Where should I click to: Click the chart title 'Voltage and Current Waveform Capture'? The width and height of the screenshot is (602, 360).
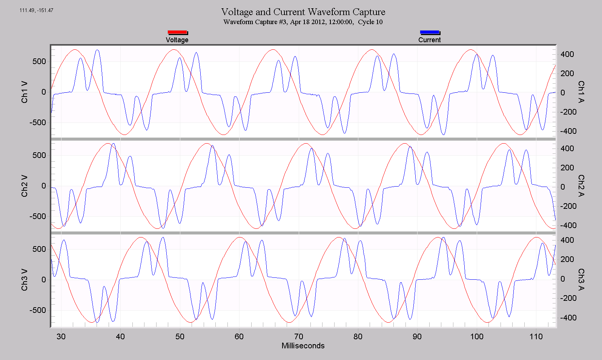click(303, 12)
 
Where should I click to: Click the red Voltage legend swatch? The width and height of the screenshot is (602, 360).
click(177, 32)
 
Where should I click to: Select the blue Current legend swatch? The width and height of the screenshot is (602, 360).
click(430, 32)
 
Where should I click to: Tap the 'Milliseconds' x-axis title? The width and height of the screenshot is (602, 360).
click(303, 346)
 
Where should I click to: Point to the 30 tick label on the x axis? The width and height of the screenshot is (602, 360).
click(61, 336)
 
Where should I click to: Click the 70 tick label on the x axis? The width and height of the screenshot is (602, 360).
click(299, 336)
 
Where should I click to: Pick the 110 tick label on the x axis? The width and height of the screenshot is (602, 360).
click(536, 336)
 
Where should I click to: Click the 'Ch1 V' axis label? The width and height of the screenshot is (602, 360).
click(25, 92)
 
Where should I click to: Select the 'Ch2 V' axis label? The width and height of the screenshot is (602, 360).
click(25, 186)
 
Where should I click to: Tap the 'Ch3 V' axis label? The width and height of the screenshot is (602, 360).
click(25, 280)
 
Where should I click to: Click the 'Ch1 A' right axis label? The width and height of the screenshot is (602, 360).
click(581, 92)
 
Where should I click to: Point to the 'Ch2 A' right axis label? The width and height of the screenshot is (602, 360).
click(581, 186)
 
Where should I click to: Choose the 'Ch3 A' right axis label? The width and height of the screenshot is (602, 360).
click(581, 280)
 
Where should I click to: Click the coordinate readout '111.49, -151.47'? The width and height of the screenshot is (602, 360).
click(37, 10)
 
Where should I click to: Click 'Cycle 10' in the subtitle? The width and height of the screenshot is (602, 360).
click(370, 22)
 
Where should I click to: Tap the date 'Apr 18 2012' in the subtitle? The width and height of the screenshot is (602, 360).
click(307, 22)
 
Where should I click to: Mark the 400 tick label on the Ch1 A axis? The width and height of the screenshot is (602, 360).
click(567, 54)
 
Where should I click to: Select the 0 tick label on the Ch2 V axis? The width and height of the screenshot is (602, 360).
click(44, 186)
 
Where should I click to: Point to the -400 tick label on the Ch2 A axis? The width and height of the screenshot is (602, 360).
click(568, 225)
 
